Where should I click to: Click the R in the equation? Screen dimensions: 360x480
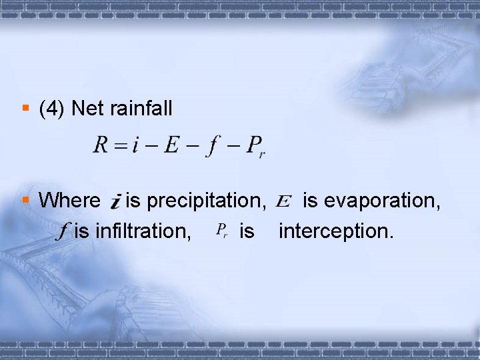(x=101, y=145)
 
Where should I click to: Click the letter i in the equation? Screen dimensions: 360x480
(x=135, y=145)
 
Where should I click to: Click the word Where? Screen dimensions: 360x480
(x=69, y=200)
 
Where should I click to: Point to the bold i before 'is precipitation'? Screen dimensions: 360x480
(x=115, y=200)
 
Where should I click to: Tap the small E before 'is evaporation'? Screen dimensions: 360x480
(x=283, y=200)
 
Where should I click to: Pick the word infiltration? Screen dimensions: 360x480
(x=141, y=232)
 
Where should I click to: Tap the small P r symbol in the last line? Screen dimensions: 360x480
(x=223, y=231)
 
